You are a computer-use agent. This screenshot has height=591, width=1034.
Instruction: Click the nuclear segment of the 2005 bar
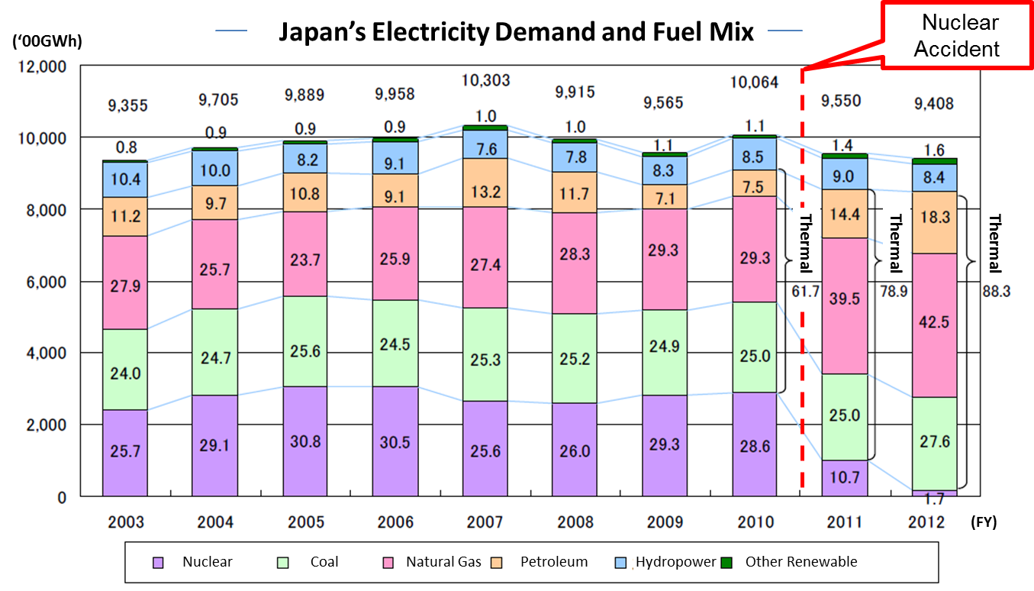[304, 441]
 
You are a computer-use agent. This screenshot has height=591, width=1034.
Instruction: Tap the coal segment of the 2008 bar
[573, 358]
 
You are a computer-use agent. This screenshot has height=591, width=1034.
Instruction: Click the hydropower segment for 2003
[124, 179]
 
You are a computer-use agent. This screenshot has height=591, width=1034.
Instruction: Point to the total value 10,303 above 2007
[485, 80]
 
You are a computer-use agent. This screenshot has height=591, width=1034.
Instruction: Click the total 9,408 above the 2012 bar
[936, 103]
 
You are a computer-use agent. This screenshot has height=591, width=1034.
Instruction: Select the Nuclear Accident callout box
[956, 36]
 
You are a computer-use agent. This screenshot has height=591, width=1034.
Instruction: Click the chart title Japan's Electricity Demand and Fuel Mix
[515, 32]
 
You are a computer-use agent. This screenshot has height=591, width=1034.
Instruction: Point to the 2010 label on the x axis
[755, 522]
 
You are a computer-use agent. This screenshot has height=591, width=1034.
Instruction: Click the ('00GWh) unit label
[53, 43]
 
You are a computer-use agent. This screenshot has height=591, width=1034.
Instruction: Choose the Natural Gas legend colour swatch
[388, 563]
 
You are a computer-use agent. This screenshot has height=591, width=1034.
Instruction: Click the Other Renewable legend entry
[800, 562]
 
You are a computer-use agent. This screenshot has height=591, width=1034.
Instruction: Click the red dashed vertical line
[802, 305]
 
